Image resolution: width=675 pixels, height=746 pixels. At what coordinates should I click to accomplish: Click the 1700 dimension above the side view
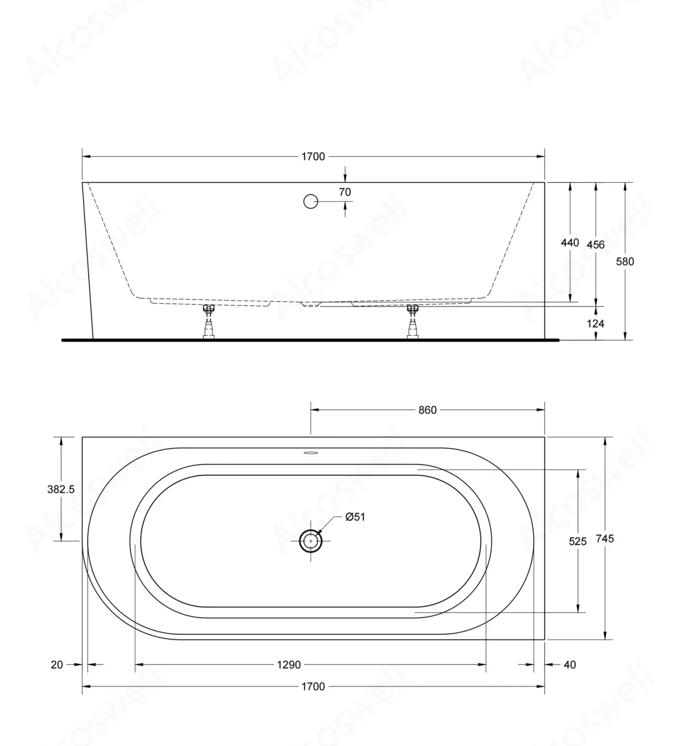[313, 157]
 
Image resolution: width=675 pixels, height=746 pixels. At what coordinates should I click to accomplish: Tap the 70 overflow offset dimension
[345, 192]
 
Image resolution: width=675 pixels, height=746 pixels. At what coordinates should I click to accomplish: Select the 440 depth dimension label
[570, 242]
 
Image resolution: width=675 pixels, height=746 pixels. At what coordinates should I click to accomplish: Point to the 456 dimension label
[596, 245]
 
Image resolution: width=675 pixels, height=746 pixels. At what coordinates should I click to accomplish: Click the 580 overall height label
[625, 262]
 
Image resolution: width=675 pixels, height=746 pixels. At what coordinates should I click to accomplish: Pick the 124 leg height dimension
[596, 323]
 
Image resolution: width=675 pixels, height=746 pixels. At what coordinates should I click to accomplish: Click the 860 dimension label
[427, 410]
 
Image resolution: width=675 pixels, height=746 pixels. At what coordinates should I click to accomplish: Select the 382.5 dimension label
[61, 489]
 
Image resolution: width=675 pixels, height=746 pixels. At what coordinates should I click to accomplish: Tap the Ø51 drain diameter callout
[355, 517]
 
